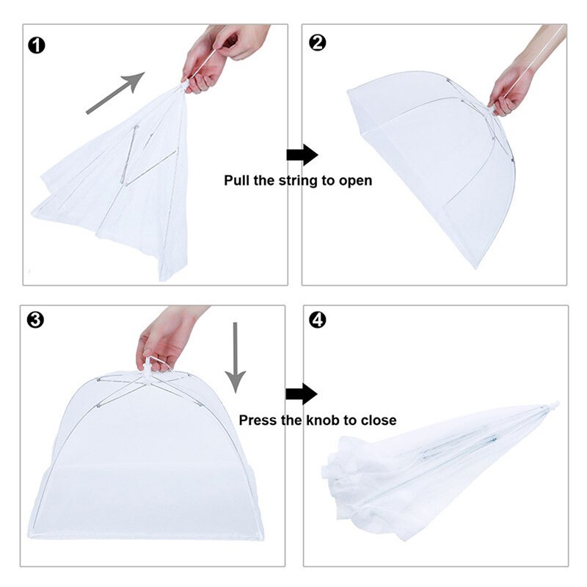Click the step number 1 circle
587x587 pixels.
[36, 45]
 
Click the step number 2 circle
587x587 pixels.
[318, 43]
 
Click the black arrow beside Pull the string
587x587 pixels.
[302, 155]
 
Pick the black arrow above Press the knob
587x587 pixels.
[301, 394]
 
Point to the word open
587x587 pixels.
[354, 181]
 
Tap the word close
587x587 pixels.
[378, 420]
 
